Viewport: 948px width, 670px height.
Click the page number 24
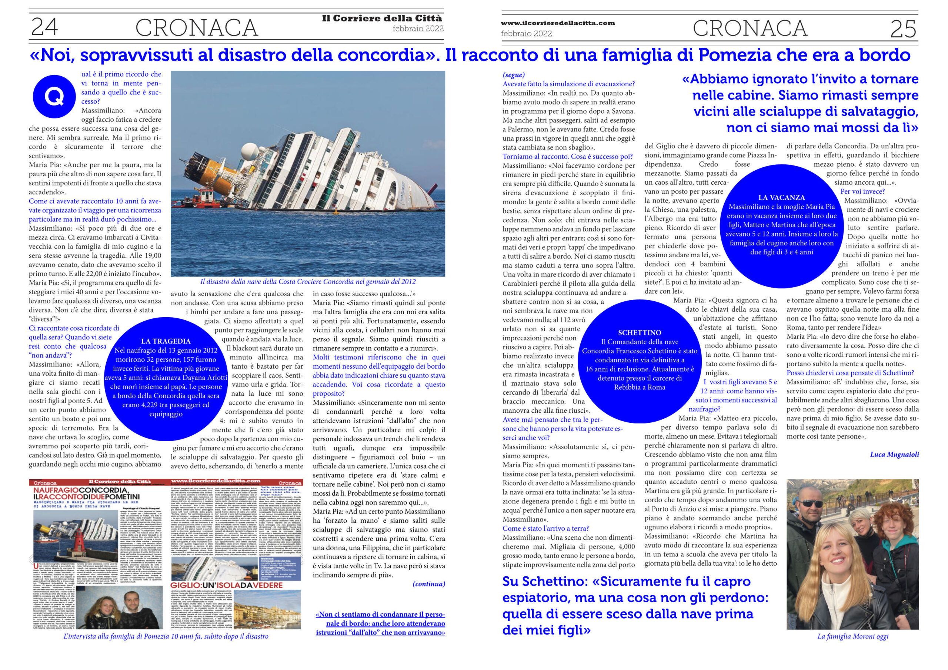tap(44, 28)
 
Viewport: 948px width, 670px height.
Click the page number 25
tap(904, 29)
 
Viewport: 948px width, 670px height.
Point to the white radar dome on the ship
tap(250, 150)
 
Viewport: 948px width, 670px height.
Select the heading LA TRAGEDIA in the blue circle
tap(166, 341)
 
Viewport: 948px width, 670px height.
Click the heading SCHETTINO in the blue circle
tap(640, 332)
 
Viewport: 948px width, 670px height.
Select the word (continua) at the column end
tap(428, 584)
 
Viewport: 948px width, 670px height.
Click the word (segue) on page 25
tap(514, 75)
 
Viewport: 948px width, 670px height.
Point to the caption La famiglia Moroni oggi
tap(852, 648)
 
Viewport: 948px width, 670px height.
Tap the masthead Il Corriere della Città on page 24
tap(381, 18)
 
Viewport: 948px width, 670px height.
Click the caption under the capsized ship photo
tap(308, 282)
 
